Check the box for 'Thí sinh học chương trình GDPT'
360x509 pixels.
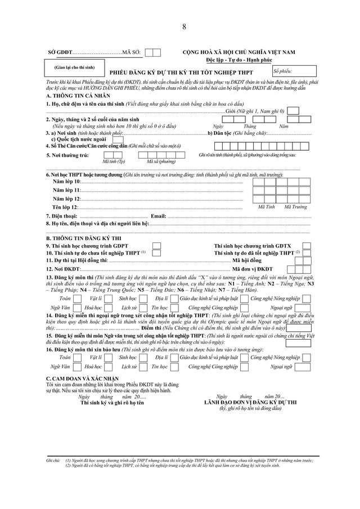click(157, 246)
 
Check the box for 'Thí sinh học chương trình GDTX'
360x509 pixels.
click(306, 246)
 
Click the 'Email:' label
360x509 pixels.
click(159, 216)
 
